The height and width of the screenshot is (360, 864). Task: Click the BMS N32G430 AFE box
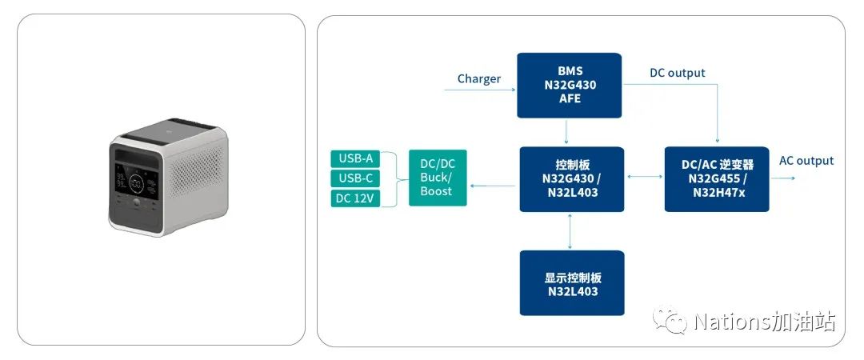[x=570, y=85]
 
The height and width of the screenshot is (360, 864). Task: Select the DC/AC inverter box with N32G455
[x=717, y=179]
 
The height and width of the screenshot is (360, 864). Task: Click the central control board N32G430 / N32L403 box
[x=571, y=179]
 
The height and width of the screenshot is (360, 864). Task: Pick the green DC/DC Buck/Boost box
[x=437, y=177]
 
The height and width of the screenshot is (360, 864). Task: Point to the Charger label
[x=478, y=78]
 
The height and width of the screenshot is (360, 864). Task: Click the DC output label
[x=677, y=73]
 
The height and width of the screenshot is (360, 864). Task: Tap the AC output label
[x=806, y=161]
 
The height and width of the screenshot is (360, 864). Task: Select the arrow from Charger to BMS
[x=480, y=90]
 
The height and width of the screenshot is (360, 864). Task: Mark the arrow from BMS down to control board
[x=566, y=132]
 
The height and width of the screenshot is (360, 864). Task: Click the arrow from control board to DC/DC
[x=492, y=186]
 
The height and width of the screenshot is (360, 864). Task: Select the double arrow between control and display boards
[x=570, y=231]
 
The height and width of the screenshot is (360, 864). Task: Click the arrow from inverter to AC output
[x=782, y=178]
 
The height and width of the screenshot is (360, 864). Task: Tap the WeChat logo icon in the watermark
[x=670, y=322]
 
